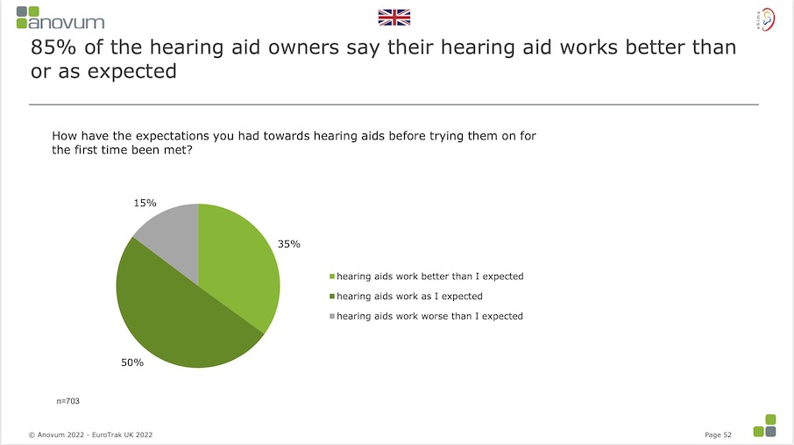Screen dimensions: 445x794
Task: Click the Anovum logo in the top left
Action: (x=60, y=17)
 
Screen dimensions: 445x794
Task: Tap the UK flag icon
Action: (x=393, y=17)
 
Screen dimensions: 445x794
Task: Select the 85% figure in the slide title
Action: (x=52, y=48)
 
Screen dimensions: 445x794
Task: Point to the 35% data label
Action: (x=289, y=244)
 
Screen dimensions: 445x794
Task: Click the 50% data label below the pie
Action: (x=132, y=362)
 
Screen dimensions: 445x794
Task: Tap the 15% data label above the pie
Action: (x=145, y=203)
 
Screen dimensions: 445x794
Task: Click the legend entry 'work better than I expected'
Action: (x=429, y=276)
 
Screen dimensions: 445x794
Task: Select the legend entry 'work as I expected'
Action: (x=409, y=297)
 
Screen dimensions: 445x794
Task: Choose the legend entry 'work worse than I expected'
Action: (x=429, y=316)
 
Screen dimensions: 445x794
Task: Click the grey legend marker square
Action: (x=331, y=317)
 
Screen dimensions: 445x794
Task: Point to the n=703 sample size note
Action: (x=68, y=400)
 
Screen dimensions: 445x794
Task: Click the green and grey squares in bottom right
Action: (x=764, y=425)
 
